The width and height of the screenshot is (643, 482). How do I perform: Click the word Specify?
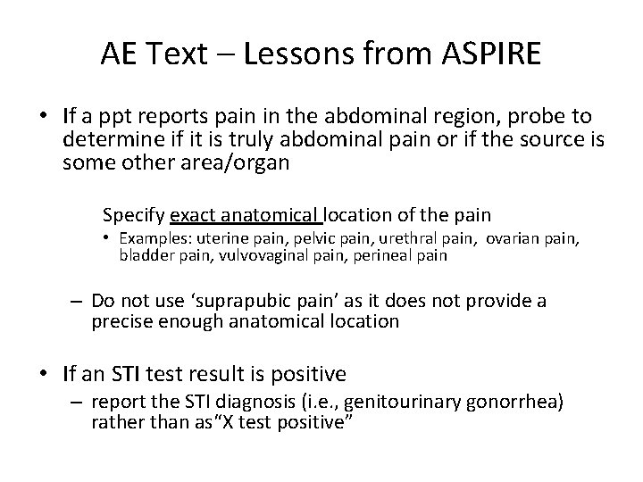[134, 214]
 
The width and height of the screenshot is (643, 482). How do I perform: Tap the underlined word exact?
[192, 214]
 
